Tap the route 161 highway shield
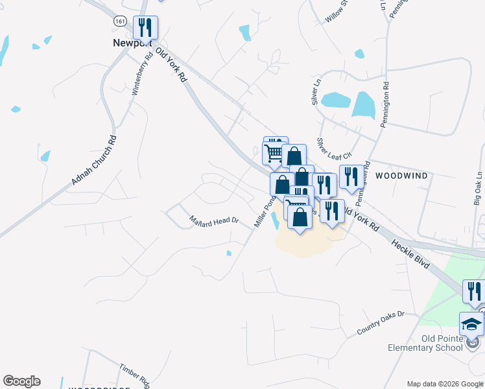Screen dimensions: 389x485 [x=119, y=21]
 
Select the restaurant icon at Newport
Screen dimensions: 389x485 [x=145, y=28]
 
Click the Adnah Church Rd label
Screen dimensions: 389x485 [x=94, y=160]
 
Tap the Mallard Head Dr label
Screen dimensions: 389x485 [x=215, y=220]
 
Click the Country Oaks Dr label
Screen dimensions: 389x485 [x=381, y=323]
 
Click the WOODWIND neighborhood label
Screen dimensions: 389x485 [x=401, y=176]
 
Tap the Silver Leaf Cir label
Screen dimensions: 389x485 [x=333, y=148]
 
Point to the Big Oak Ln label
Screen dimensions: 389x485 [x=479, y=189]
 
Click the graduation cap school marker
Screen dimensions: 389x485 [x=471, y=324]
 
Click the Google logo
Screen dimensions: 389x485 [x=21, y=381]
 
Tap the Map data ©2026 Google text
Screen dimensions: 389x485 [x=444, y=384]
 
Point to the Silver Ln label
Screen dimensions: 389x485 [x=316, y=92]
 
